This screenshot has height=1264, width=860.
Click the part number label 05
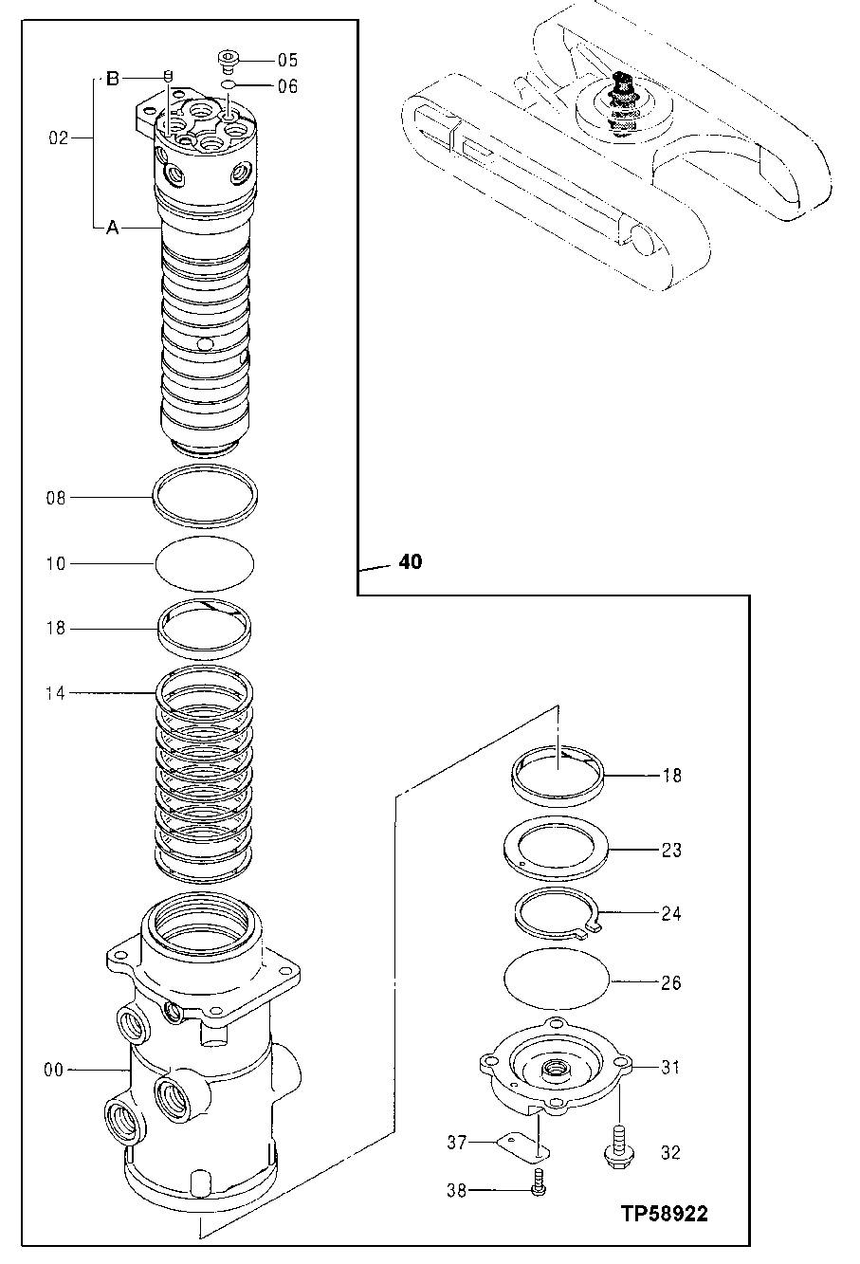click(287, 59)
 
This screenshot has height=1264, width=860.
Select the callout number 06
click(287, 86)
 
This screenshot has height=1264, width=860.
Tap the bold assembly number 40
click(411, 562)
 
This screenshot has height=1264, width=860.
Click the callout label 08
click(57, 497)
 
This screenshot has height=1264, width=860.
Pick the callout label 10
click(57, 564)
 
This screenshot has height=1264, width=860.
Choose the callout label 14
click(57, 693)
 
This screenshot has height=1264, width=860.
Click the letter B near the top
click(112, 79)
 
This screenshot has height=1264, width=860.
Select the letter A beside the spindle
click(112, 228)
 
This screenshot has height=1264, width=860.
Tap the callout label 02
click(58, 138)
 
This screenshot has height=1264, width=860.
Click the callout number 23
click(670, 851)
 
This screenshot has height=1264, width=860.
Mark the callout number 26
click(670, 983)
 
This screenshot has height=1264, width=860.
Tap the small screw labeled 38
click(538, 1183)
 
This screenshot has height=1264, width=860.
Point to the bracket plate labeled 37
click(522, 1145)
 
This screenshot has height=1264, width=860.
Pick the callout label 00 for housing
click(54, 1071)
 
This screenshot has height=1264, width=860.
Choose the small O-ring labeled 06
click(229, 86)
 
